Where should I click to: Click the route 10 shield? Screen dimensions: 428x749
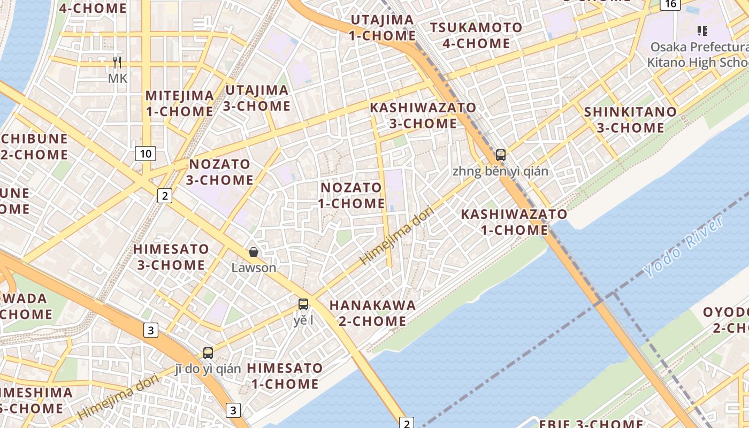[x=145, y=154]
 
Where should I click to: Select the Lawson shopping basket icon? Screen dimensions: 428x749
[x=254, y=252]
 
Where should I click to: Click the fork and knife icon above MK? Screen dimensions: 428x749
[x=117, y=63]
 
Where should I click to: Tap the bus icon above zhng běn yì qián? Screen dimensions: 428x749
[x=501, y=155]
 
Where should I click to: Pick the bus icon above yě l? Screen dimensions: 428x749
[x=303, y=304]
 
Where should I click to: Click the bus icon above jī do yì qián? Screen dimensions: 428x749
[x=208, y=353]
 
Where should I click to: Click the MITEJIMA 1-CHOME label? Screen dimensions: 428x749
[x=180, y=104]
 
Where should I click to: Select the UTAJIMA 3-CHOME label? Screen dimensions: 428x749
[x=257, y=98]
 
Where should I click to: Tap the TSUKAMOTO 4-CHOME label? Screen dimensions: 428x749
[x=476, y=35]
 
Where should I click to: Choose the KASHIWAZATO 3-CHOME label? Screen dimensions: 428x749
[x=423, y=116]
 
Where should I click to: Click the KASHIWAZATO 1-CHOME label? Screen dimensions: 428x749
[x=514, y=222]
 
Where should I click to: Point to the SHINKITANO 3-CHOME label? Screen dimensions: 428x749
[x=630, y=120]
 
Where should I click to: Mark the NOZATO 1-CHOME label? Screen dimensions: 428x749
[x=351, y=195]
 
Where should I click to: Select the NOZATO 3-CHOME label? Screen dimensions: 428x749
[x=220, y=172]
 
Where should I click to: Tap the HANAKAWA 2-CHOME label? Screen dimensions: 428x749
[x=372, y=313]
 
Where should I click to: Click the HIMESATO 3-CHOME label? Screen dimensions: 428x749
[x=171, y=257]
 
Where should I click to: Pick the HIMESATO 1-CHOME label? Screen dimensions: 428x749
[x=285, y=376]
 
